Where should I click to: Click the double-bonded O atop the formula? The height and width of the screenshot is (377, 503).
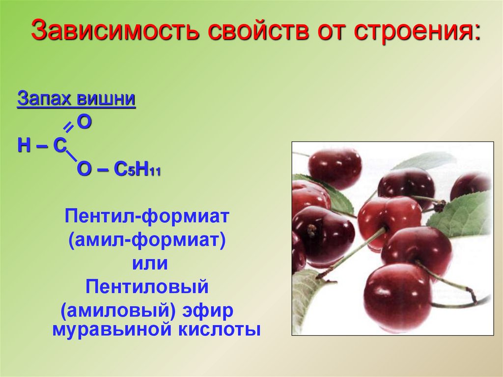click(x=84, y=122)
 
